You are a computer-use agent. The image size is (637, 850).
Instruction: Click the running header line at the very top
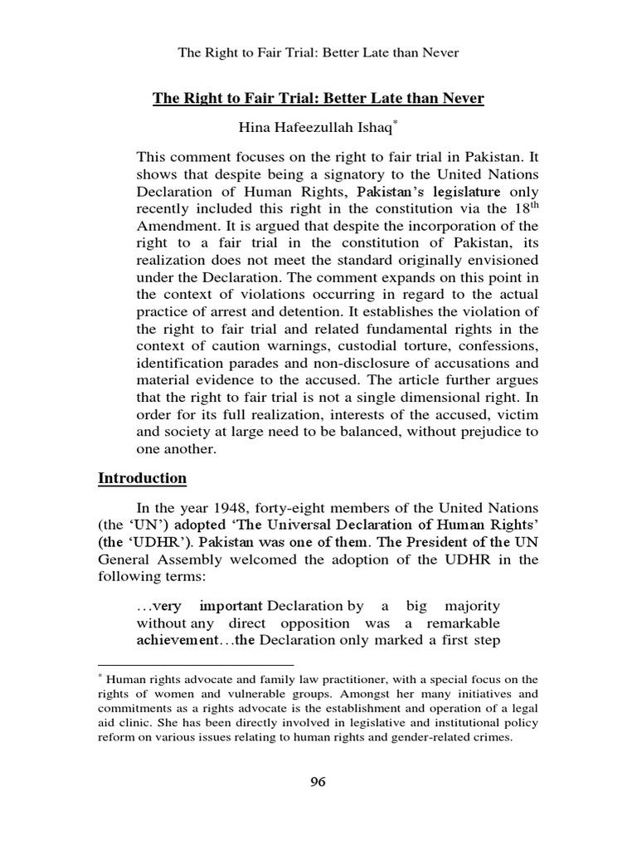coord(318,53)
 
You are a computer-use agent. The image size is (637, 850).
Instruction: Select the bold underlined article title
coord(318,99)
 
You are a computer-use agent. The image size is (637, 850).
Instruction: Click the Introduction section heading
coord(142,478)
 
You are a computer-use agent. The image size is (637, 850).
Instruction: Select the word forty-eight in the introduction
coord(301,508)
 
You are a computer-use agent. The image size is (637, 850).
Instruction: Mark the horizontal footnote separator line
coord(196,665)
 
